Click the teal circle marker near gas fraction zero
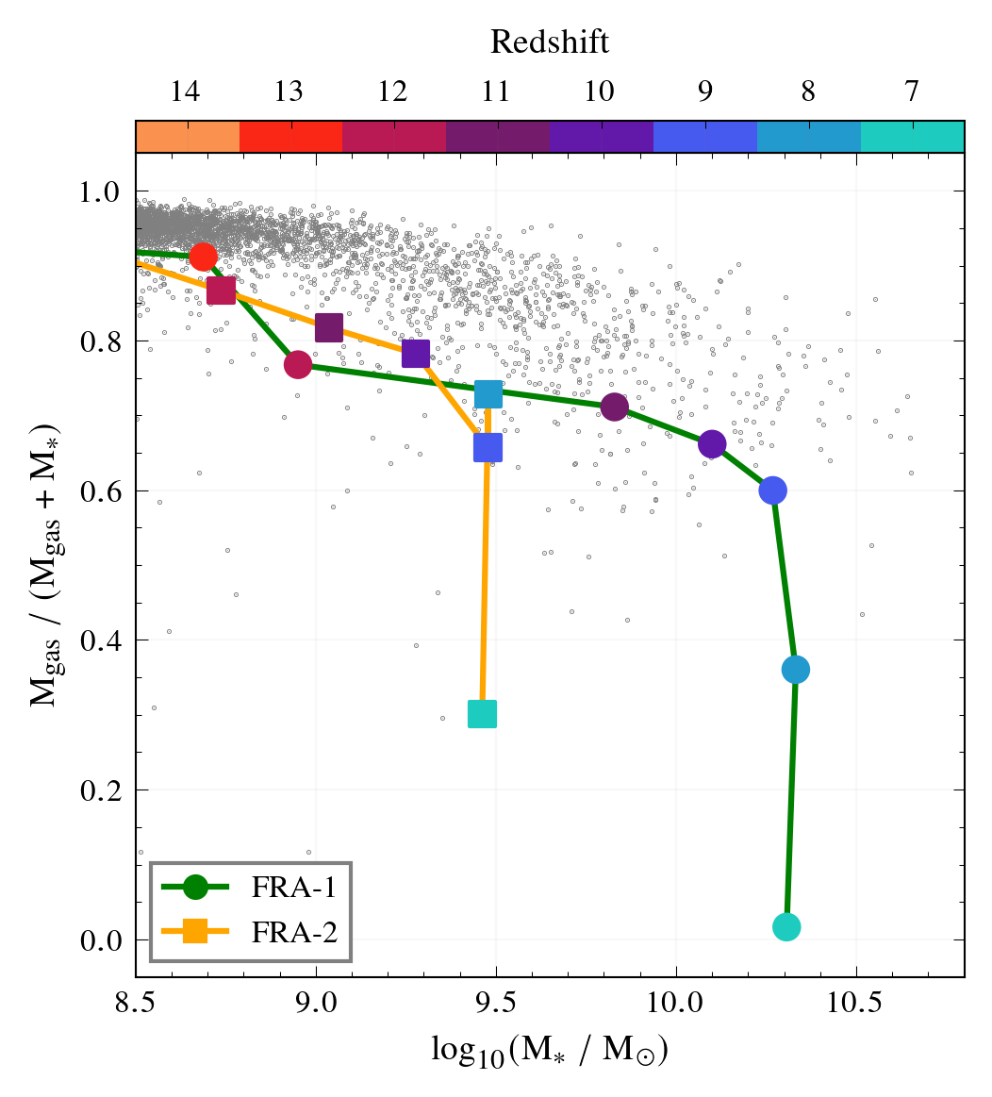coord(786,927)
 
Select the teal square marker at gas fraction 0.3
coord(482,714)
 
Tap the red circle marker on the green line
coord(203,257)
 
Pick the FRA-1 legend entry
coord(251,887)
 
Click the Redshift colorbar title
coord(550,42)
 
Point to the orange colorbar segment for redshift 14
coord(188,137)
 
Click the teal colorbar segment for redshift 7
coord(912,137)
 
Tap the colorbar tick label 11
coord(496,92)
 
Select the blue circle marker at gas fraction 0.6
coord(773,490)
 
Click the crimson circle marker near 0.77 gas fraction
coord(298,365)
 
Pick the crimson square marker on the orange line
coord(221,291)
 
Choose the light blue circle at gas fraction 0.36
coord(796,670)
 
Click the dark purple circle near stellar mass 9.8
coord(615,407)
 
